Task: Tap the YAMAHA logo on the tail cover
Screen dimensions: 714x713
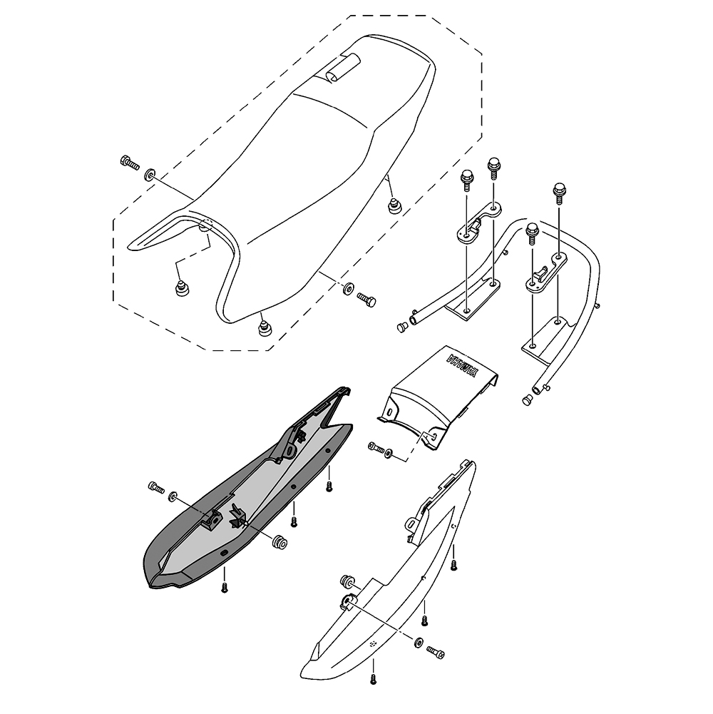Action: click(x=460, y=369)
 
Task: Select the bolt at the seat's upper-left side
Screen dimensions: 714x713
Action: click(x=129, y=163)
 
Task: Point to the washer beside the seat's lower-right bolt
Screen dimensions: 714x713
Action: click(x=347, y=288)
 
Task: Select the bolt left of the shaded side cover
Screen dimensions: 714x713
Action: click(x=155, y=488)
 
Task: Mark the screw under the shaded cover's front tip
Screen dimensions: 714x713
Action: click(x=225, y=587)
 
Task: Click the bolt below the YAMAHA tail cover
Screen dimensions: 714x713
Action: click(x=376, y=447)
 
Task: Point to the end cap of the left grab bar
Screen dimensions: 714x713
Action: click(x=401, y=327)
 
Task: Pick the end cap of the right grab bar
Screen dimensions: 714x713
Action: click(x=528, y=401)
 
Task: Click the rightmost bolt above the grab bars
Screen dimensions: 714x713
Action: click(x=558, y=193)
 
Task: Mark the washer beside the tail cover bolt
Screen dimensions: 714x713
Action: click(x=389, y=454)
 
